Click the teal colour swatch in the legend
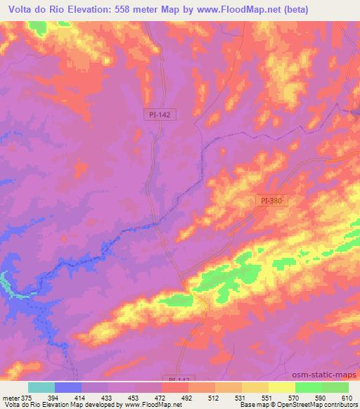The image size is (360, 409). (x=41, y=387)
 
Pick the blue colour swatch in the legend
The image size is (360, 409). (x=68, y=387)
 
